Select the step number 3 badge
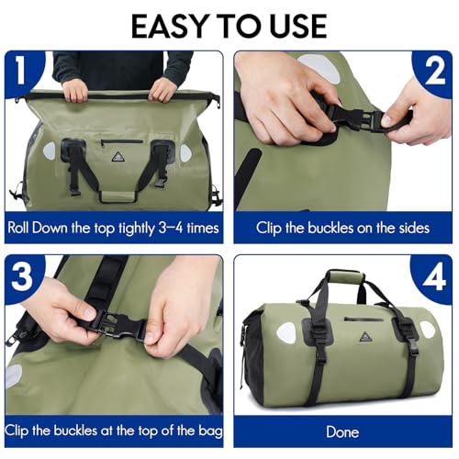[22, 276]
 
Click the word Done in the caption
[342, 432]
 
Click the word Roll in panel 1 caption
[18, 228]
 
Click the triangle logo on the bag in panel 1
[117, 158]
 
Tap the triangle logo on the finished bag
[364, 336]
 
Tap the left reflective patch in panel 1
[50, 151]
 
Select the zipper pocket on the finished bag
[364, 319]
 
